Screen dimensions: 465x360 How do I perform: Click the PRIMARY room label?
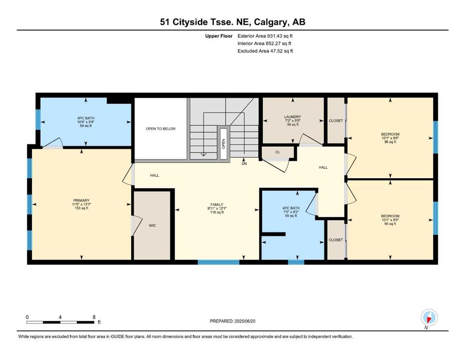pos(81,200)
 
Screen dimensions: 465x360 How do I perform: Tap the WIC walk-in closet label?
pos(153,225)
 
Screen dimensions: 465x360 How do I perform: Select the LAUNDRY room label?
pos(293,117)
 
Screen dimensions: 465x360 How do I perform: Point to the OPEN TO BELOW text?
pos(161,129)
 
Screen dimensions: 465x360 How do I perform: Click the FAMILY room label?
pos(217,204)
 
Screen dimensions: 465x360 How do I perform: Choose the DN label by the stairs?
pos(244,164)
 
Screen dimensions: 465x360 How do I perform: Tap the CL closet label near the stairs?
pos(278,152)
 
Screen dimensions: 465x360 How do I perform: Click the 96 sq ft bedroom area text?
pos(390,142)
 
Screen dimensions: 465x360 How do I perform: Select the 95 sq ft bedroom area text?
pos(390,224)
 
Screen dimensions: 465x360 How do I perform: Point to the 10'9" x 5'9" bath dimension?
pos(86,122)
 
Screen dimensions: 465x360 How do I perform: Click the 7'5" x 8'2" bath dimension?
pos(291,212)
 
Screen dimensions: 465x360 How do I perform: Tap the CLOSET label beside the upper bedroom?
pos(336,121)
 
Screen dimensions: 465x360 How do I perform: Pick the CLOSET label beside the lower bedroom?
pos(336,240)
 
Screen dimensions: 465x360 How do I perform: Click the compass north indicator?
pos(429,318)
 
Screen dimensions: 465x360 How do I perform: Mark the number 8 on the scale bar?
pos(94,317)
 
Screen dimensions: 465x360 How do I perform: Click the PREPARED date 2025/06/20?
pos(245,321)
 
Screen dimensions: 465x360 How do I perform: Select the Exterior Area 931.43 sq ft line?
pos(265,36)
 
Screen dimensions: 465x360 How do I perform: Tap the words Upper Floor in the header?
pos(219,36)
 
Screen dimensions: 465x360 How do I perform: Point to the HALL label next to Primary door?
pos(155,175)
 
